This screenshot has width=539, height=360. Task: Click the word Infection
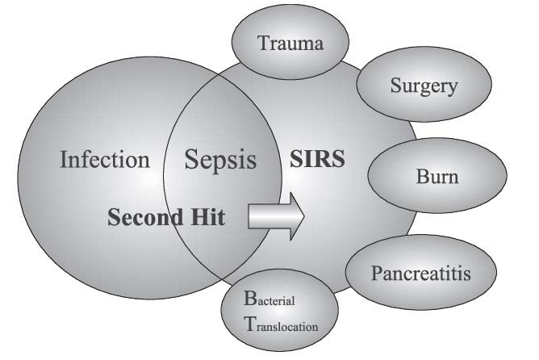pyautogui.click(x=105, y=159)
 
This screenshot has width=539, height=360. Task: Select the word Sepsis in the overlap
pyautogui.click(x=220, y=160)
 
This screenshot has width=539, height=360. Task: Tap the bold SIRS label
pyautogui.click(x=317, y=158)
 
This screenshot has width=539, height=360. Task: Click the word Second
pyautogui.click(x=145, y=217)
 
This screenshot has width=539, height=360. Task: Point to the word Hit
pyautogui.click(x=208, y=217)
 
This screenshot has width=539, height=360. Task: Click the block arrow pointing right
pyautogui.click(x=276, y=216)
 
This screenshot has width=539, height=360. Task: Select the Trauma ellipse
pyautogui.click(x=290, y=42)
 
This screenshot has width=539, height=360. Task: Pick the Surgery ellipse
pyautogui.click(x=424, y=84)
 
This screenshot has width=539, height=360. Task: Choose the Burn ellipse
pyautogui.click(x=437, y=175)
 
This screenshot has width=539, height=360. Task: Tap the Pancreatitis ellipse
pyautogui.click(x=421, y=272)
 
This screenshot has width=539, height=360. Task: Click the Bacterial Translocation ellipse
pyautogui.click(x=279, y=310)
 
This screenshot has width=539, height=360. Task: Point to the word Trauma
pyautogui.click(x=290, y=44)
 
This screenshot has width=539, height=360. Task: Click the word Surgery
pyautogui.click(x=424, y=86)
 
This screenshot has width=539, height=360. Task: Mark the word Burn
pyautogui.click(x=437, y=177)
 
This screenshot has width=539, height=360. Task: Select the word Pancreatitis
pyautogui.click(x=421, y=274)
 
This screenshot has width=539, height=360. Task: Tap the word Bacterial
pyautogui.click(x=269, y=299)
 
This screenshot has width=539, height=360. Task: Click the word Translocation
pyautogui.click(x=281, y=324)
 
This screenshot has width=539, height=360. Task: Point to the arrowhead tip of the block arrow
pyautogui.click(x=304, y=216)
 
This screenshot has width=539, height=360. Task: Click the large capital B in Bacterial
pyautogui.click(x=250, y=299)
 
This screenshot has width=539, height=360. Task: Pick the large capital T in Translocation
pyautogui.click(x=250, y=324)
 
